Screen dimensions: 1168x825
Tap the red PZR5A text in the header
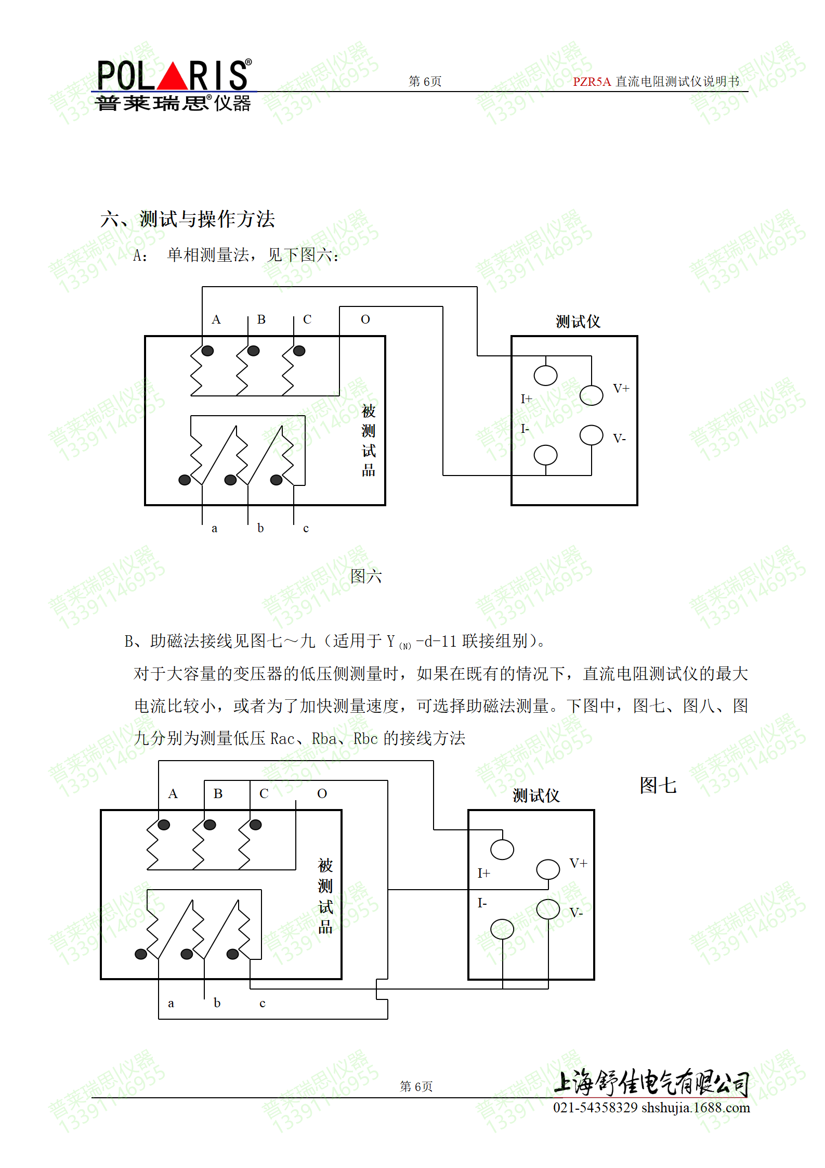pyautogui.click(x=592, y=82)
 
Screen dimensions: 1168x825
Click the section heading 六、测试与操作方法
pyautogui.click(x=188, y=219)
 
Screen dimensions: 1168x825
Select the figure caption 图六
pyautogui.click(x=366, y=576)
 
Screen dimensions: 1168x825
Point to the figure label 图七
pyautogui.click(x=658, y=785)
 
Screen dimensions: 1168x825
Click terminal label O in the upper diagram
pyautogui.click(x=365, y=319)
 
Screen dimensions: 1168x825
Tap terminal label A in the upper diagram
pyautogui.click(x=216, y=319)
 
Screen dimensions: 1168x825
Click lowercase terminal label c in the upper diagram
pyautogui.click(x=306, y=529)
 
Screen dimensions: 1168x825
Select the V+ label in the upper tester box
pyautogui.click(x=621, y=388)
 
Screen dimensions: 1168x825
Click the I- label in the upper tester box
pyautogui.click(x=525, y=429)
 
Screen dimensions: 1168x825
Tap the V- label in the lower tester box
pyautogui.click(x=576, y=913)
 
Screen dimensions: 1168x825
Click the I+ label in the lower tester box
pyautogui.click(x=483, y=873)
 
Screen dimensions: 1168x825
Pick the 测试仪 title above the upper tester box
pyautogui.click(x=578, y=322)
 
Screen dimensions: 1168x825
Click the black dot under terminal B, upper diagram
pyautogui.click(x=254, y=351)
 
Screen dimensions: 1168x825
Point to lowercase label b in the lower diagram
pyautogui.click(x=217, y=1003)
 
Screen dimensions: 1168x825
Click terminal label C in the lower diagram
pyautogui.click(x=264, y=793)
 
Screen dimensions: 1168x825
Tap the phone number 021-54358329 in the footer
pyautogui.click(x=595, y=1108)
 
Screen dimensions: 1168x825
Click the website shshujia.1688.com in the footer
pyautogui.click(x=696, y=1108)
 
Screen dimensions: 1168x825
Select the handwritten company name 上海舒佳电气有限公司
pyautogui.click(x=651, y=1082)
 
